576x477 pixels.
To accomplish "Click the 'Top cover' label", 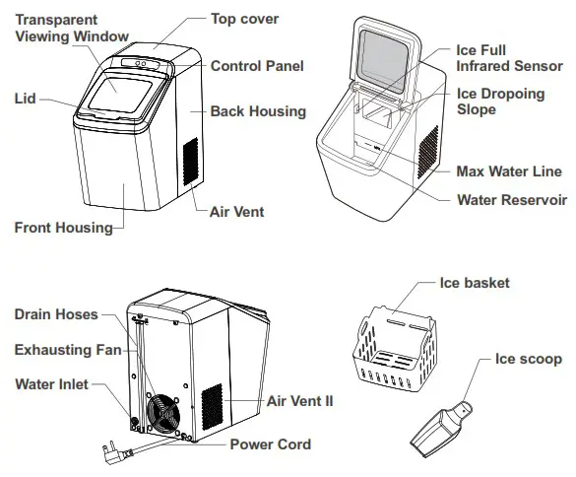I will (244, 19).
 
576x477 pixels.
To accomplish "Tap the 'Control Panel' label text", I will (256, 66).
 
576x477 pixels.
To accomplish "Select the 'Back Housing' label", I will (258, 111).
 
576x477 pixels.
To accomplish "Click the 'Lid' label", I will (26, 99).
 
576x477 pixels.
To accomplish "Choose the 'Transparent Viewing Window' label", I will (64, 29).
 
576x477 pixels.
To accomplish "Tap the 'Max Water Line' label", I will (509, 171).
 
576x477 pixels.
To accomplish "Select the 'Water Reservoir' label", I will (512, 199).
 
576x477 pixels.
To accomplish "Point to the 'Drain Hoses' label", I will (56, 314).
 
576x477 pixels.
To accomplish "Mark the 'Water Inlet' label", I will (50, 383).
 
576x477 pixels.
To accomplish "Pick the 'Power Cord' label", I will (270, 444).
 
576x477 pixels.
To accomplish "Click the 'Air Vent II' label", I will (300, 402).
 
